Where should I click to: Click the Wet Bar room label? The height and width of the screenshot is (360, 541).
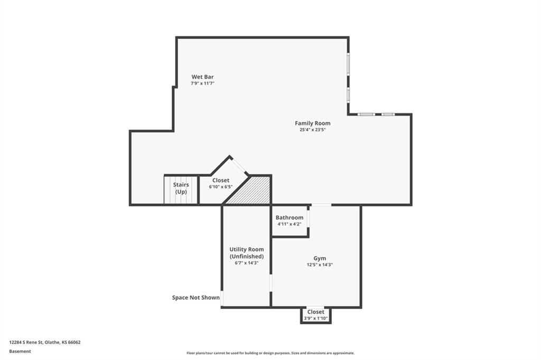(x=202, y=77)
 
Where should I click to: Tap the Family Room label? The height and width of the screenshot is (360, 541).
(x=313, y=123)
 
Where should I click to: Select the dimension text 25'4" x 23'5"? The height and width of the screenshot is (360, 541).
(x=313, y=130)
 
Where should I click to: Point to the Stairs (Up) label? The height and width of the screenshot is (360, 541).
(x=181, y=188)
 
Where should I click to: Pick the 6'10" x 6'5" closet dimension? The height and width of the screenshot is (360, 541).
(x=221, y=187)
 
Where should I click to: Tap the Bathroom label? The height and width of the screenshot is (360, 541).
(x=290, y=217)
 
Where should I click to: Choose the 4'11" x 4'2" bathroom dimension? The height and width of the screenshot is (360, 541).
(x=290, y=224)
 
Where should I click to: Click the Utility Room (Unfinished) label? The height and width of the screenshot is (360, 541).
(x=247, y=253)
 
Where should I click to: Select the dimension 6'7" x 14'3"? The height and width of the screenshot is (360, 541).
(x=247, y=263)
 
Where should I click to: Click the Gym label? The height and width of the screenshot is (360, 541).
(x=320, y=258)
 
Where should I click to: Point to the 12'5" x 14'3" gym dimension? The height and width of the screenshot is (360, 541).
(x=320, y=265)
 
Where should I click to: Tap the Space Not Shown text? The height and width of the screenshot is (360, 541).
(x=195, y=298)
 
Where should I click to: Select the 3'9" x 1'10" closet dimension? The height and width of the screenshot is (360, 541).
(x=316, y=319)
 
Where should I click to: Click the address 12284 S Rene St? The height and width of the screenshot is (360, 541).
(x=26, y=343)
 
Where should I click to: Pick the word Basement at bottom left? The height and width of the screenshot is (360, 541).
(x=20, y=352)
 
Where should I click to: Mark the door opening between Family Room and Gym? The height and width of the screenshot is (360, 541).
(x=321, y=205)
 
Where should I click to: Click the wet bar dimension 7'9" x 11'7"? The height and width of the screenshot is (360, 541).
(x=202, y=83)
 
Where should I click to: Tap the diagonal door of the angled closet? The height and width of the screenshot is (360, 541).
(x=239, y=166)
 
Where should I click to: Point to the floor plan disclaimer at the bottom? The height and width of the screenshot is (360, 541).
(x=270, y=353)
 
